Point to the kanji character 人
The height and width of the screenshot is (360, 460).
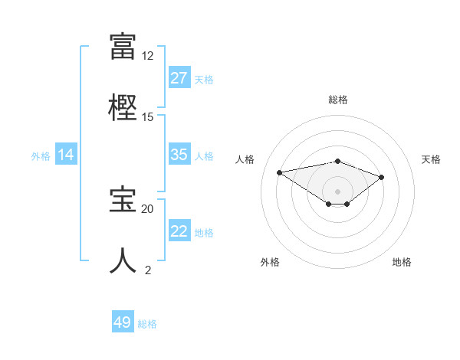point(123,260)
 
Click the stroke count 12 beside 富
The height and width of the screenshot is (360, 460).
point(148,56)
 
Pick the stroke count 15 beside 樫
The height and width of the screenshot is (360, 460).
point(148,117)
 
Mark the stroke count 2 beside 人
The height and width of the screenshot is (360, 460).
point(148,270)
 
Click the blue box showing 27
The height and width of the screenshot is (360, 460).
point(179,78)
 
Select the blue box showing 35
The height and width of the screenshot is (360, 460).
point(179,155)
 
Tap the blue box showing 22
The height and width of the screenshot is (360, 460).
point(179,231)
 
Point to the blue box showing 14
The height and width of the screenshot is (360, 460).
point(66,155)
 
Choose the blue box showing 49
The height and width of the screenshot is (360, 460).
point(123,322)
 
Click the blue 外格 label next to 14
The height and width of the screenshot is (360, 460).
point(41,155)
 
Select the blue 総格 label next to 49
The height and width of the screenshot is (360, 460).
point(148,323)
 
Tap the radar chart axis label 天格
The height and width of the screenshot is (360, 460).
point(432,159)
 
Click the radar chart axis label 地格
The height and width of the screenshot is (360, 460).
point(402,262)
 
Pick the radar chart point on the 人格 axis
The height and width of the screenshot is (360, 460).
point(279,172)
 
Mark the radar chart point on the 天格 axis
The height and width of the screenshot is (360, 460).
point(382,177)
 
